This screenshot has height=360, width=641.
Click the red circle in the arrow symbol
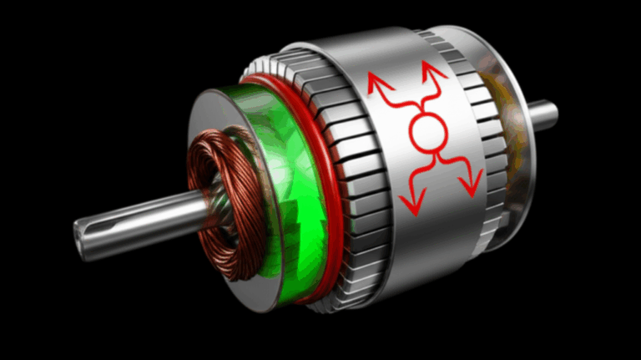point(426,131)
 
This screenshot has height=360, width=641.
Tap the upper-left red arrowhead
point(375,81)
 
